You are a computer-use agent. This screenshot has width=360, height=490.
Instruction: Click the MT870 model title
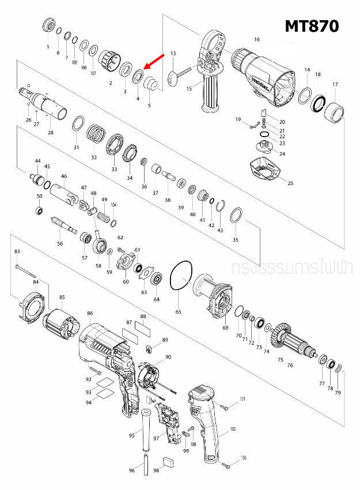[311, 27]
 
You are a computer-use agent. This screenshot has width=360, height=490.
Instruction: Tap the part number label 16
[257, 39]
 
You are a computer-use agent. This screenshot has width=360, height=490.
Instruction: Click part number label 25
[290, 183]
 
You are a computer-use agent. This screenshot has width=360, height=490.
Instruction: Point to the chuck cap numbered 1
[48, 26]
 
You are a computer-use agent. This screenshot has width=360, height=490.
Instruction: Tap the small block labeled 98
[169, 461]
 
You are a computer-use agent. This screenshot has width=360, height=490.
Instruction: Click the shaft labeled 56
[63, 225]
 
